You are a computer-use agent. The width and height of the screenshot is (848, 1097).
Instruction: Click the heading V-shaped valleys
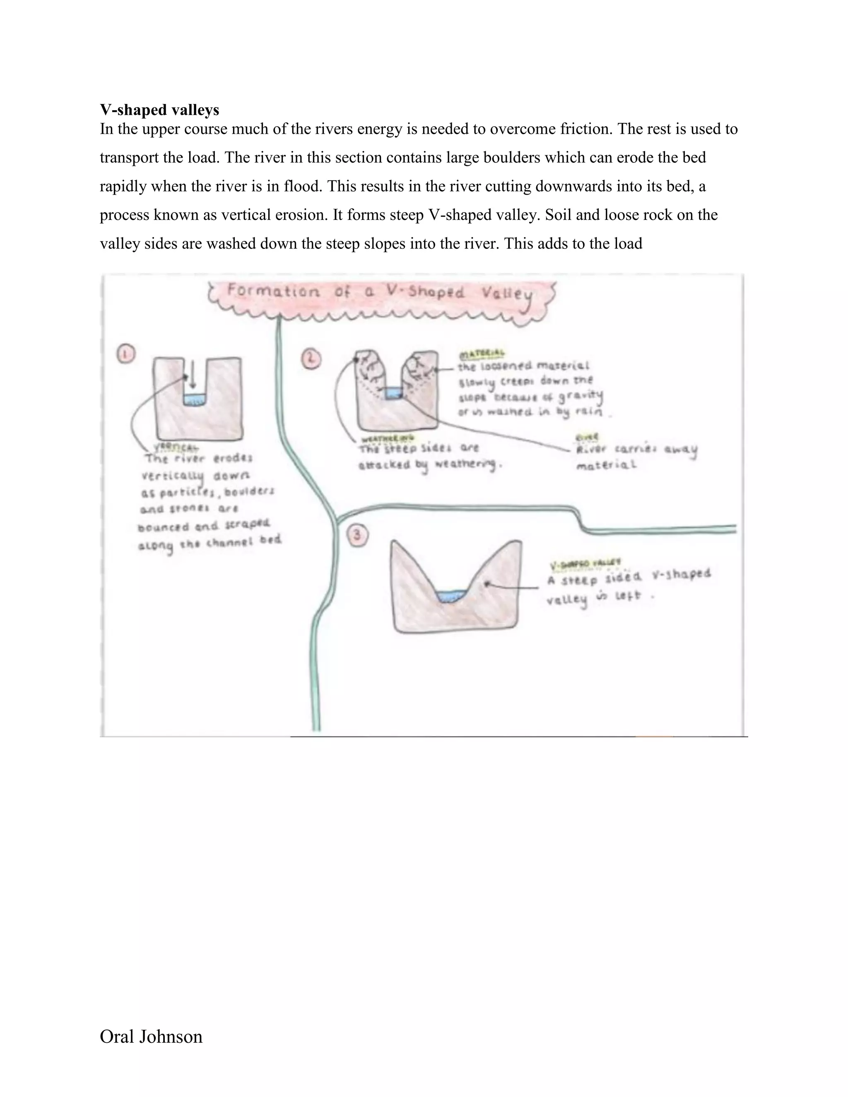pos(159,110)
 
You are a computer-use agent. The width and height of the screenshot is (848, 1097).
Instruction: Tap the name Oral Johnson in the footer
pos(151,1037)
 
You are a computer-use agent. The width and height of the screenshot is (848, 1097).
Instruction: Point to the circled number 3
pos(358,535)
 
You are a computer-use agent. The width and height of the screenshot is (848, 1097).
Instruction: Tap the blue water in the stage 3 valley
pos(450,596)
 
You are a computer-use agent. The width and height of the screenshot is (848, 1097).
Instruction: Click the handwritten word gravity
pos(582,397)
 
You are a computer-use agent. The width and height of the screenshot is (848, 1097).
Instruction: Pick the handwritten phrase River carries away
pos(636,450)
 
